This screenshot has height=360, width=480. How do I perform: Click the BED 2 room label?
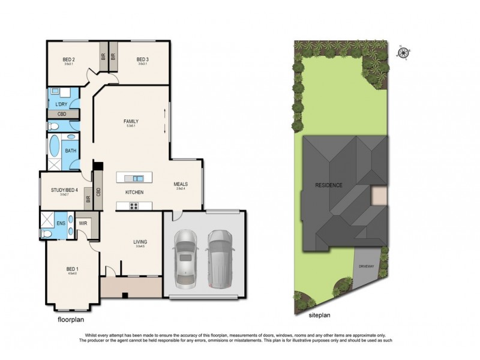pos(68,59)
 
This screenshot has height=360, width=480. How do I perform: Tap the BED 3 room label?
pos(142,59)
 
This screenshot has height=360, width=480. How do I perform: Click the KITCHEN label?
pos(133,193)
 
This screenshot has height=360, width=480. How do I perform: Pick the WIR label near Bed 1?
pos(83,224)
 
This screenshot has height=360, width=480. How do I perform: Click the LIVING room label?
pos(140,242)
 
